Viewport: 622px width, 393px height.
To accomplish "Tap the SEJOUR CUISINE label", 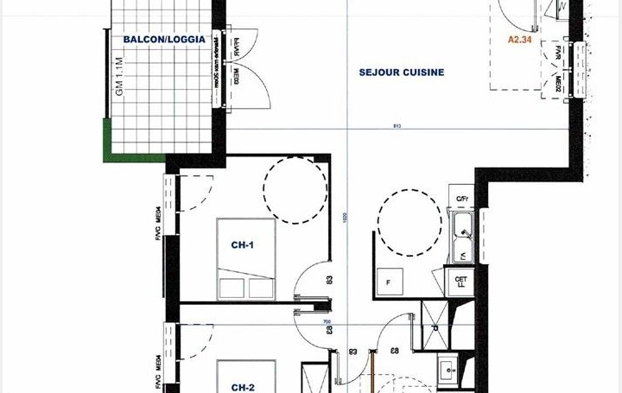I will tap(402, 73).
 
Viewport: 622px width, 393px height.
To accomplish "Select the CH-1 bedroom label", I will tap(243, 244).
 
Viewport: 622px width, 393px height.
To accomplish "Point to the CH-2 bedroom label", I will tap(243, 388).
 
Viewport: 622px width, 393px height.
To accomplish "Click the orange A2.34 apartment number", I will tap(519, 40).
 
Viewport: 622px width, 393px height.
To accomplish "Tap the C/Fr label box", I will tap(462, 200).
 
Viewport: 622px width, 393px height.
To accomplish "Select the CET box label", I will tap(460, 280).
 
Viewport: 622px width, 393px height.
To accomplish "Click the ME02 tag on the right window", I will tap(559, 84).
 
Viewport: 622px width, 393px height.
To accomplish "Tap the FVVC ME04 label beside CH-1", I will tap(159, 240).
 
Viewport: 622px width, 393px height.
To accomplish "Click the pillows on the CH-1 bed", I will tap(246, 285).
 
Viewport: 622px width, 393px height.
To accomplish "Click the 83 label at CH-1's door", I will tap(329, 280).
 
